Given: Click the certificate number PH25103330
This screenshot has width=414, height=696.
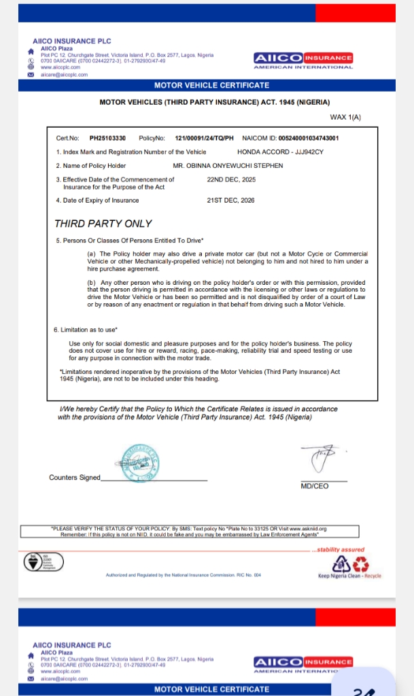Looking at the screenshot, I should pos(107,138).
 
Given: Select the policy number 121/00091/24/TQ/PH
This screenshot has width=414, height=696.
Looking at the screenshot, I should pos(204,138).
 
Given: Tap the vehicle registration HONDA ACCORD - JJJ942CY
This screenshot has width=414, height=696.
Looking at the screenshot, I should pos(281,152).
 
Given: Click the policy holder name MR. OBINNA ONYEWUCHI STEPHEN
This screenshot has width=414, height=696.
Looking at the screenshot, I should pos(228,166).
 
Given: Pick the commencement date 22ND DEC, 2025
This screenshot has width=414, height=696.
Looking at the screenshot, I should pos(231,179).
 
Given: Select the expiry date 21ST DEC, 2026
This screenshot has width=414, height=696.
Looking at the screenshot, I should pos(230,201).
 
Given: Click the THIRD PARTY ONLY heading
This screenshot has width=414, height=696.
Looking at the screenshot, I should pos(103,224).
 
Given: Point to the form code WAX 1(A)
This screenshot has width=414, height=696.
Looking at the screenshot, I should pos(345,118).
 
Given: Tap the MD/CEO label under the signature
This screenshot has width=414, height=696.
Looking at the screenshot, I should pos(314,486).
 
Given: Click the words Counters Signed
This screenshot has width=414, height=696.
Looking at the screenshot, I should pos(75,477).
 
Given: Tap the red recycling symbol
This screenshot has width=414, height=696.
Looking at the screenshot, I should pos(361,563).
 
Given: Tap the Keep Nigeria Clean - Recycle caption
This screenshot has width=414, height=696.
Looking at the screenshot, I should pos(349,576).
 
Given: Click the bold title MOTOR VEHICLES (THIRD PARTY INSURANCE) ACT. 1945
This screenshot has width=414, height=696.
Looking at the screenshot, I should pos(214,102).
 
